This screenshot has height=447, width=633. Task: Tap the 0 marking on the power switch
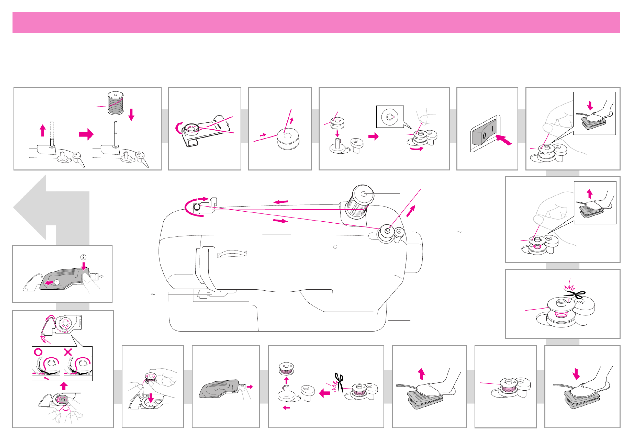(484, 136)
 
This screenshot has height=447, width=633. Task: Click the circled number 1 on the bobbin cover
(57, 282)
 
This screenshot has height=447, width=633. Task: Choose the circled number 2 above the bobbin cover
(83, 257)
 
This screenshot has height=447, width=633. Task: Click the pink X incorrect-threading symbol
(68, 352)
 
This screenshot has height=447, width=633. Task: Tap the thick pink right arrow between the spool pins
(86, 134)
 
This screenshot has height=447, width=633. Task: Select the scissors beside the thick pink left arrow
(339, 383)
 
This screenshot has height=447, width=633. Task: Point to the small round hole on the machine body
(335, 246)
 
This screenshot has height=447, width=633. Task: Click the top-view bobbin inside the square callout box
(390, 117)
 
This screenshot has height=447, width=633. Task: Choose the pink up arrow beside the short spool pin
(43, 130)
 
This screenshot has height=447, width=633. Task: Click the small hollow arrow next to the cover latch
(101, 276)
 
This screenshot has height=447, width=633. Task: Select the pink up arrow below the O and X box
(64, 386)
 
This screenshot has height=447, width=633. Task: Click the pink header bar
(316, 22)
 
